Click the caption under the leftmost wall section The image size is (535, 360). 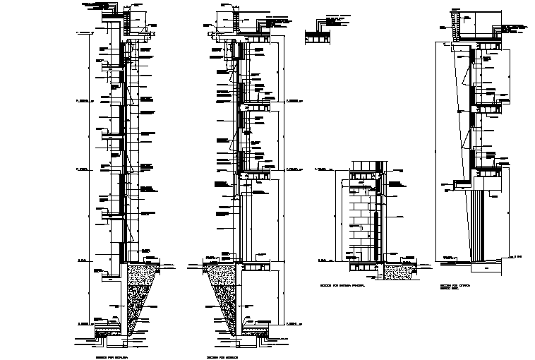pos(107,347)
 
